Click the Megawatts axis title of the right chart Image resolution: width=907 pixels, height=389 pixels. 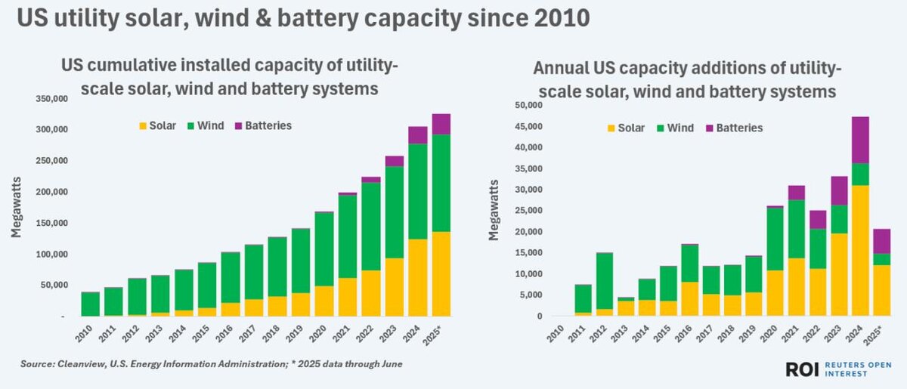pyautogui.click(x=494, y=209)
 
